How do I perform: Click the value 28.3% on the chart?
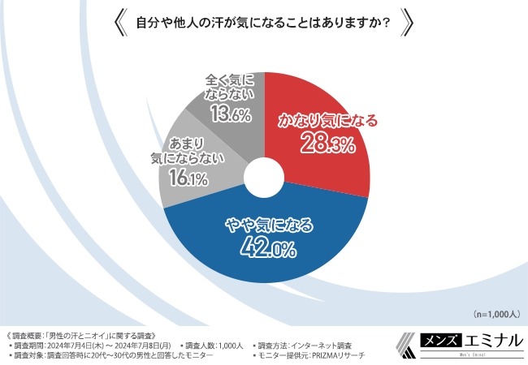point(325,146)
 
